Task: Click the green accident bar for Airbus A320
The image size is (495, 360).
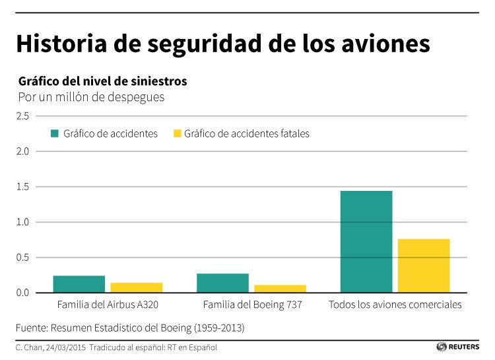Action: tap(79, 284)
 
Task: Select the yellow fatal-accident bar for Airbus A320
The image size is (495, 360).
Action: tap(136, 287)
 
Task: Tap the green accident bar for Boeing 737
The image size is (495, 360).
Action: tap(222, 283)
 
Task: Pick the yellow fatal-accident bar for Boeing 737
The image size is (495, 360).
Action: tap(280, 289)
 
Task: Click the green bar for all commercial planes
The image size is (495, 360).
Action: tap(366, 242)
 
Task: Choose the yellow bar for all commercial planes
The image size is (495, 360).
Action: tap(424, 266)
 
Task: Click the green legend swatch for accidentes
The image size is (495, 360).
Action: tap(55, 133)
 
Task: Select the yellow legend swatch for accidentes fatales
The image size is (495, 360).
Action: tap(176, 133)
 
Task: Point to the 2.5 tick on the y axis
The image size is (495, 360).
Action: tap(24, 116)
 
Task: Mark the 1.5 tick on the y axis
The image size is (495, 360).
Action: tap(24, 187)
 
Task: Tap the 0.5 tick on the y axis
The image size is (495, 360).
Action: tap(24, 258)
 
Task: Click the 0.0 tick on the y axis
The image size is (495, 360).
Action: tap(24, 293)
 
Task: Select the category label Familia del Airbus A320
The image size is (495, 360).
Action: tap(108, 305)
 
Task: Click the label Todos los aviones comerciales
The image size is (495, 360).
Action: tap(395, 305)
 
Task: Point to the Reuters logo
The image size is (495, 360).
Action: tap(457, 347)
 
